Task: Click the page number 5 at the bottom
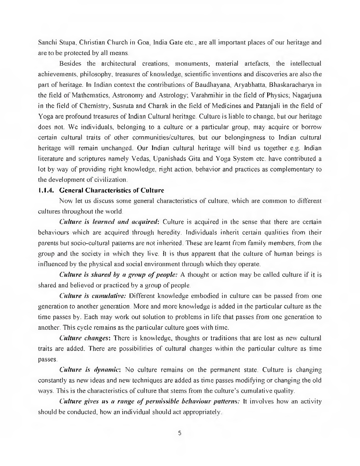click(x=180, y=433)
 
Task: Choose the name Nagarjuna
click(x=307, y=96)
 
